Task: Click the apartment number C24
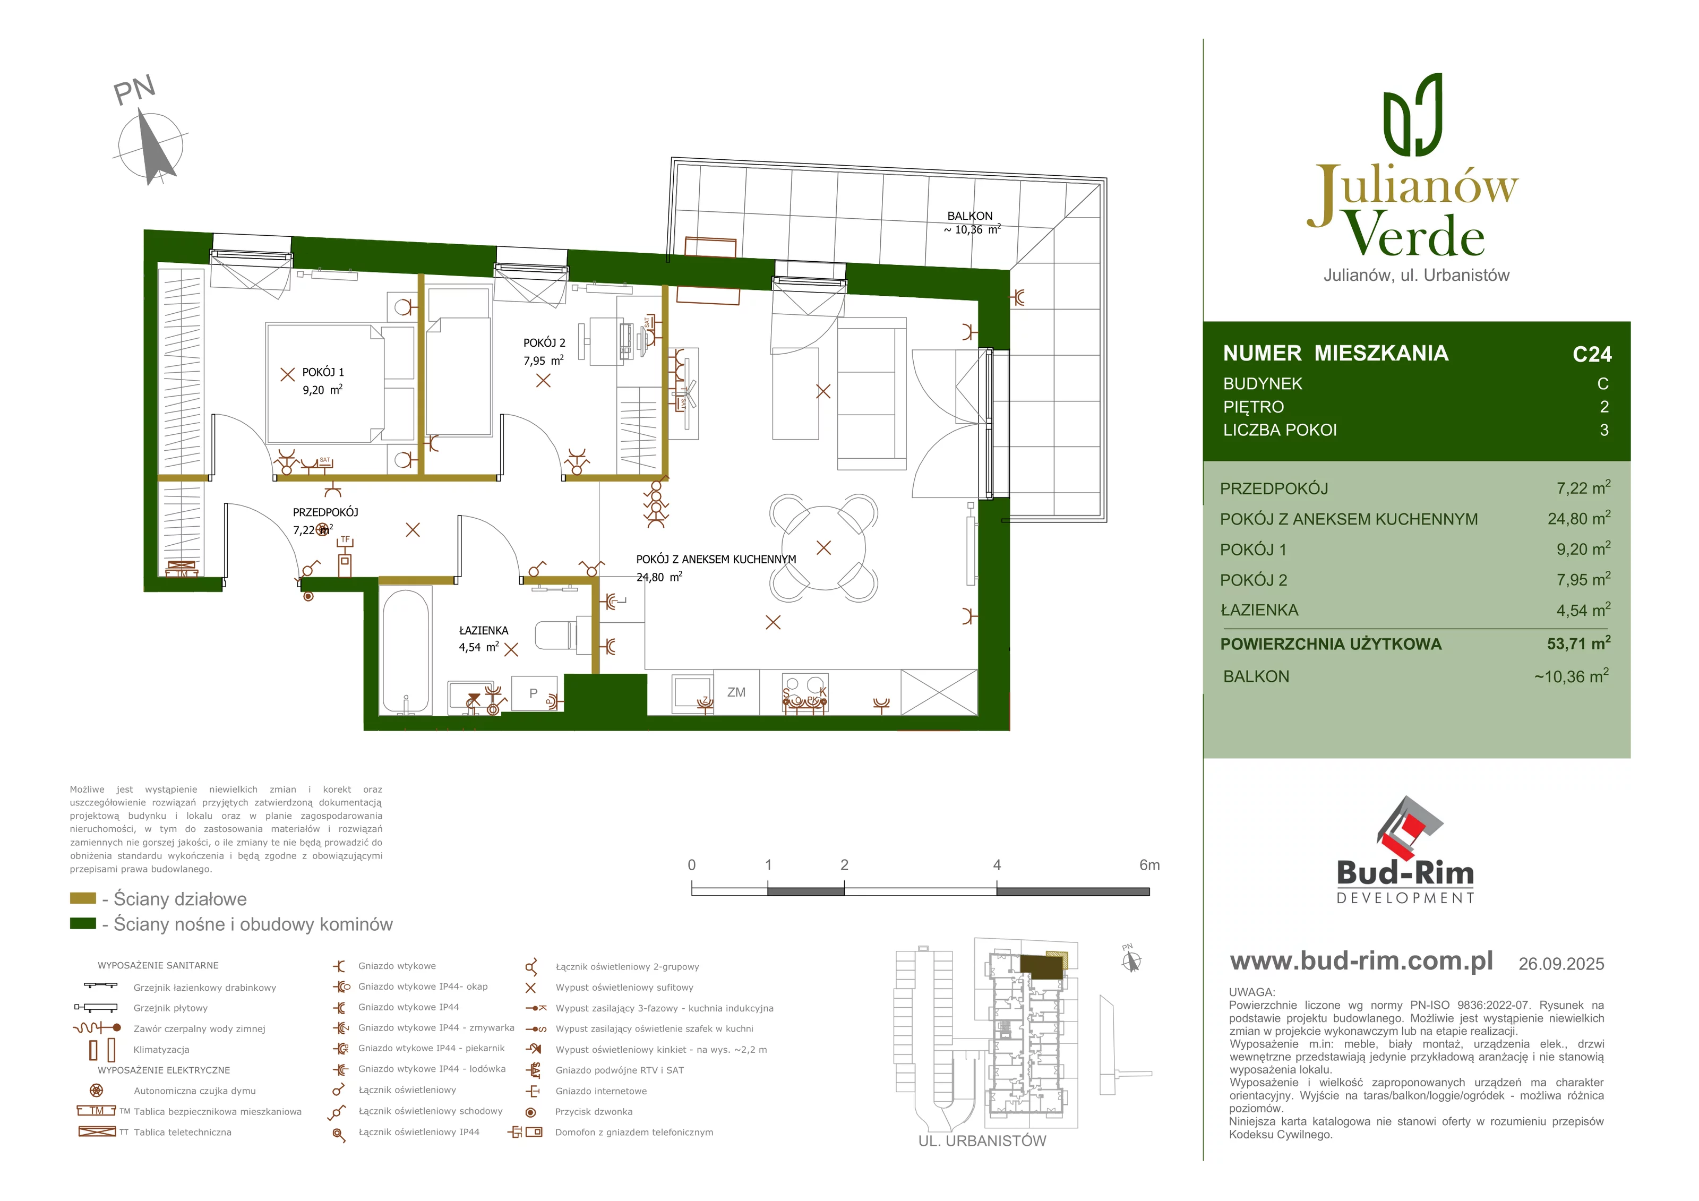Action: tap(1592, 355)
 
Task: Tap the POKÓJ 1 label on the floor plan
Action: tap(323, 372)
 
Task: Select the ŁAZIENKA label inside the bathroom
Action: tap(483, 630)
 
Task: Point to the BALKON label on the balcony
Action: tap(969, 216)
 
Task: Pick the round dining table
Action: tap(823, 547)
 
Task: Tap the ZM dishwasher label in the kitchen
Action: tap(736, 693)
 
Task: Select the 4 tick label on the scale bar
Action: tap(997, 865)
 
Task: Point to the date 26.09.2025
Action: tap(1561, 964)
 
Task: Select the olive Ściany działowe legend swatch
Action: tap(83, 898)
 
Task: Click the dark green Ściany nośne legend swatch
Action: tap(83, 923)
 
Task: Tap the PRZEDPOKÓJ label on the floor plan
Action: tap(325, 512)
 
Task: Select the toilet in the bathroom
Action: tap(555, 635)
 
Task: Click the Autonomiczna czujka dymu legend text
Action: tap(195, 1091)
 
